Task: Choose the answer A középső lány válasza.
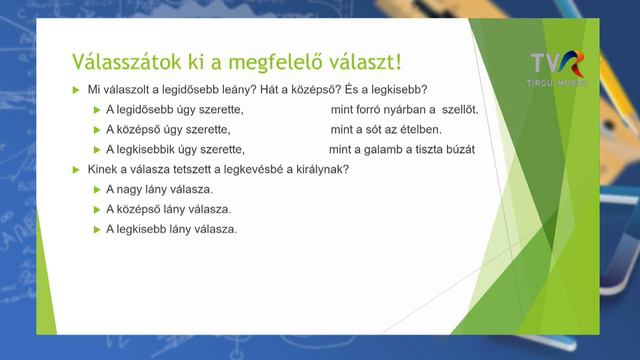coord(168,209)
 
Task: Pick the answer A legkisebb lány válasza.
coord(171,229)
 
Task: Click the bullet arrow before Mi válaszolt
coord(75,90)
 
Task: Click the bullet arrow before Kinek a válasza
coord(75,169)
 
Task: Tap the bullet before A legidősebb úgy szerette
coord(96,110)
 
